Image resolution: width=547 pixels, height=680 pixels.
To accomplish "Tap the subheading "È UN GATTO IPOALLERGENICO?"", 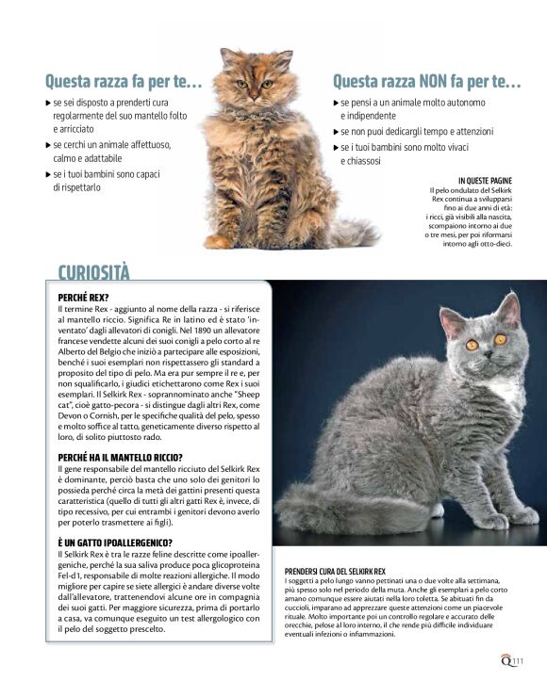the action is (x=115, y=543).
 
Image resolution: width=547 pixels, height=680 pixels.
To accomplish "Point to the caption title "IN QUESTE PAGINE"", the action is (x=485, y=180).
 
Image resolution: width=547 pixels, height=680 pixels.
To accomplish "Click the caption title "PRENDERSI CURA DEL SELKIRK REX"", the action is (x=335, y=572).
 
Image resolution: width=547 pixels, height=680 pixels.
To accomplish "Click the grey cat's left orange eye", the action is (x=471, y=345).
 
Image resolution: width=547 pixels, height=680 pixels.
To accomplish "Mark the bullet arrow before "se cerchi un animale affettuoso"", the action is (x=49, y=145).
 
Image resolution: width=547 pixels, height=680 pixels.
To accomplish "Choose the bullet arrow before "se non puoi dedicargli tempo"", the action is (x=337, y=132).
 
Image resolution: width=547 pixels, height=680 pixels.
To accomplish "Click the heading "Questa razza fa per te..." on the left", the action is (x=124, y=81).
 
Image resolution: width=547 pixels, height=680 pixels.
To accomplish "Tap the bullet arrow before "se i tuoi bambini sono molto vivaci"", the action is (x=337, y=147).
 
